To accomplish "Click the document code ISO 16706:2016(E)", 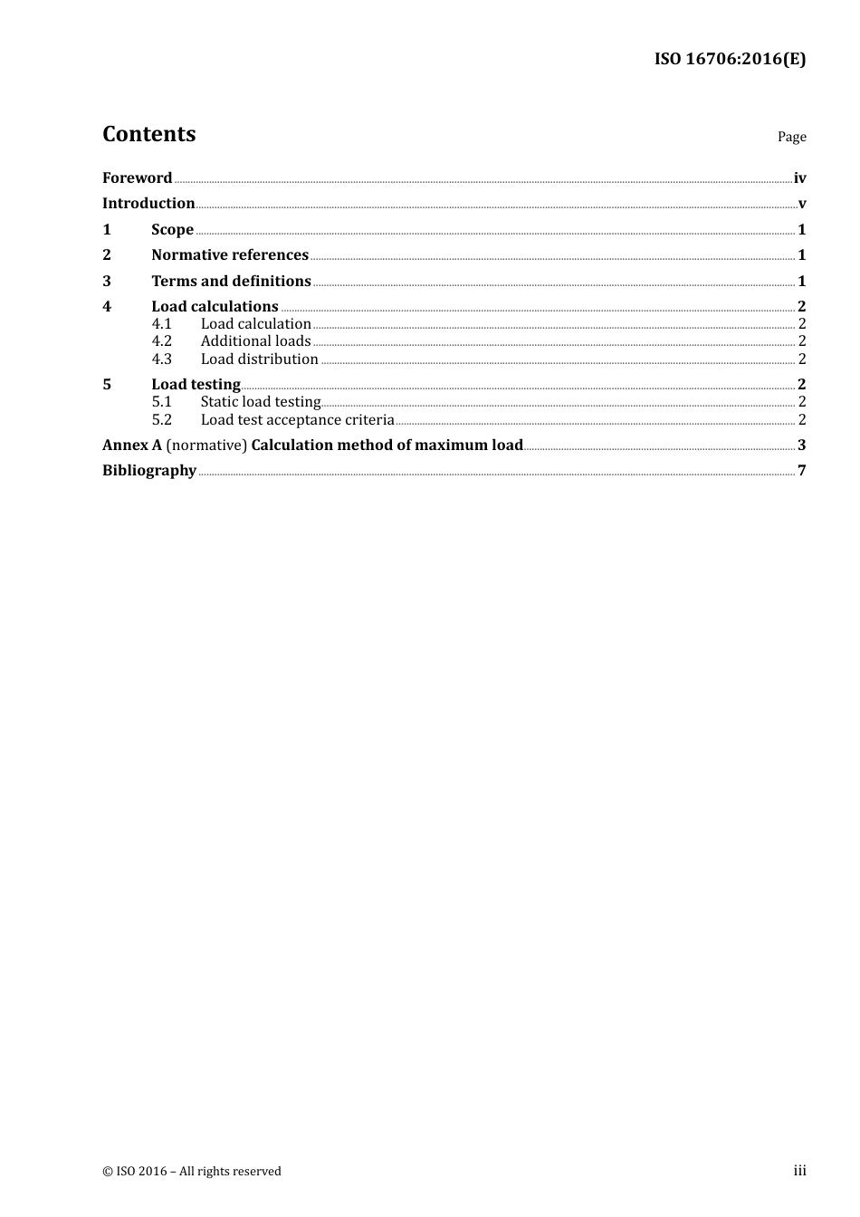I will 730,60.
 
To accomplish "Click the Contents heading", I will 148,134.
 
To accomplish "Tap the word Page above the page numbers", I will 791,137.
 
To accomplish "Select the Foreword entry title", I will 137,178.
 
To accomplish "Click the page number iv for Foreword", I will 799,178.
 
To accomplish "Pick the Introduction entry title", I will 148,204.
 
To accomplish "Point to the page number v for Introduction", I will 802,204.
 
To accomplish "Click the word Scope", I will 172,230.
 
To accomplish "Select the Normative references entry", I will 230,255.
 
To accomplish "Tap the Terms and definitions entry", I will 231,282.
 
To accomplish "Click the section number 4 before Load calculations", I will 107,307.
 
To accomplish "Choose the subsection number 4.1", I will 161,324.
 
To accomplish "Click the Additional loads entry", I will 255,341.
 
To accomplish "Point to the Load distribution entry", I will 259,359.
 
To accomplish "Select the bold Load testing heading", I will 196,385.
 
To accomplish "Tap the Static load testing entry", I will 261,402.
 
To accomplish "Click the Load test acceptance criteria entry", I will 297,420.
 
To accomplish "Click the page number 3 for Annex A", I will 802,446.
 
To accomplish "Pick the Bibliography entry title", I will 149,471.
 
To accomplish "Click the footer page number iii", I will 799,1171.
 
